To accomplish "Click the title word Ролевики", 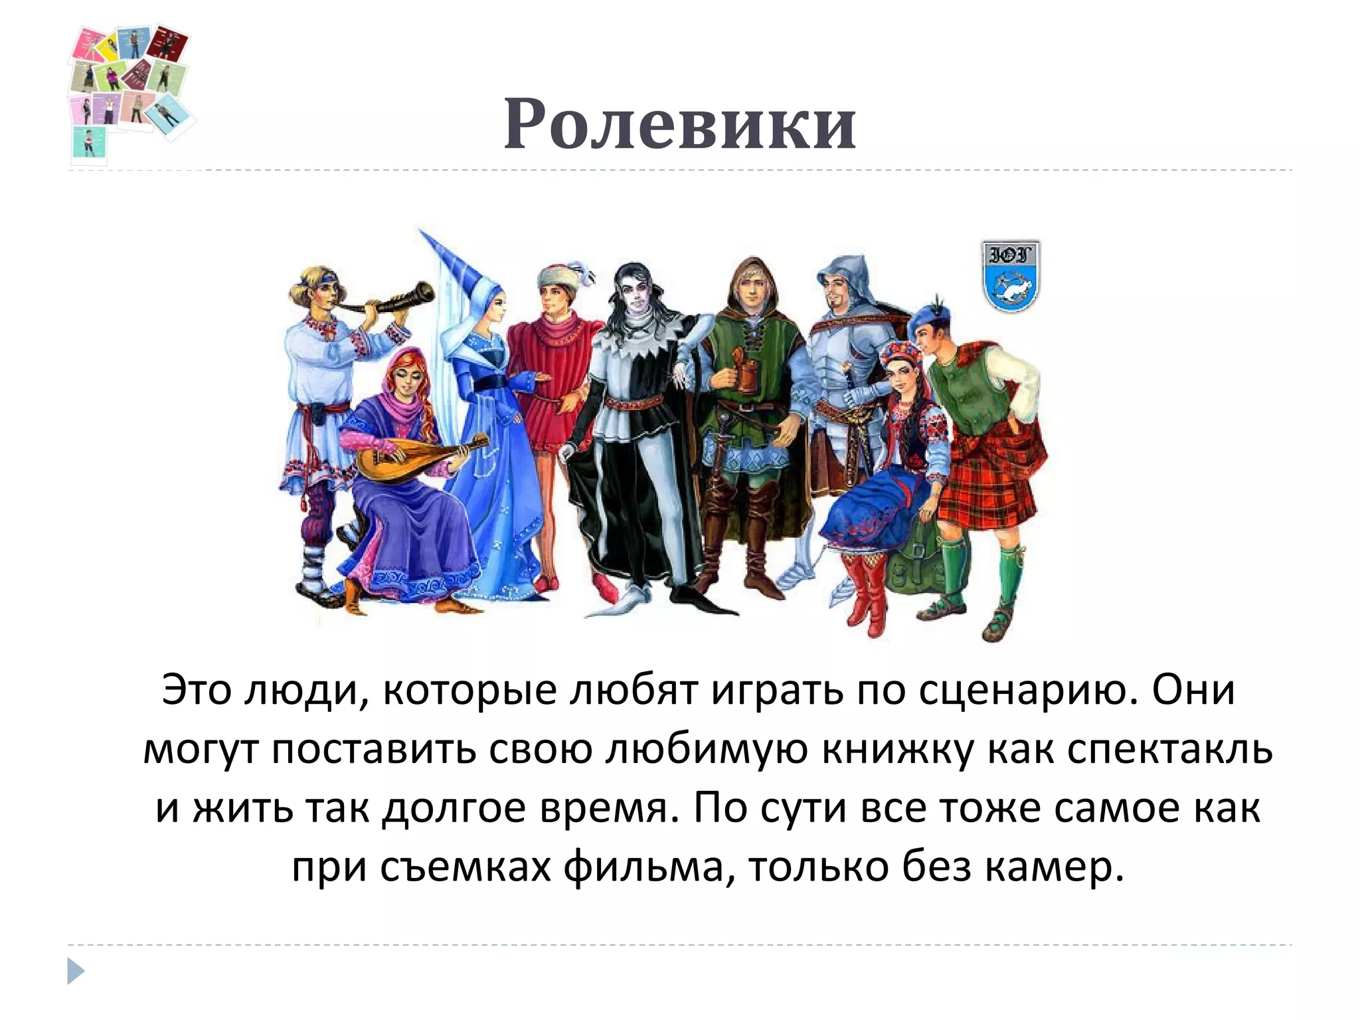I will tap(680, 124).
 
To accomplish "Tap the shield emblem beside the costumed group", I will tap(1010, 275).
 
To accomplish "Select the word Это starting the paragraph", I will tap(197, 691).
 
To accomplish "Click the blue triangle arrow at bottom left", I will tap(76, 971).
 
